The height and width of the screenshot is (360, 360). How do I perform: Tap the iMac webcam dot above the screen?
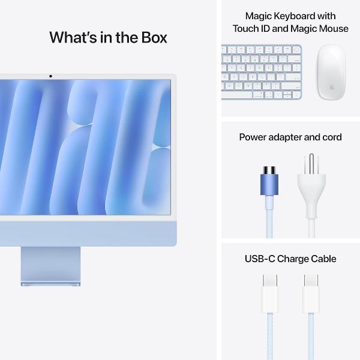pos(50,76)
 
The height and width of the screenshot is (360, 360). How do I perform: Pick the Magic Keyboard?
pos(262,72)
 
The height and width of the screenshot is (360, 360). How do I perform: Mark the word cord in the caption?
pos(331,137)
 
